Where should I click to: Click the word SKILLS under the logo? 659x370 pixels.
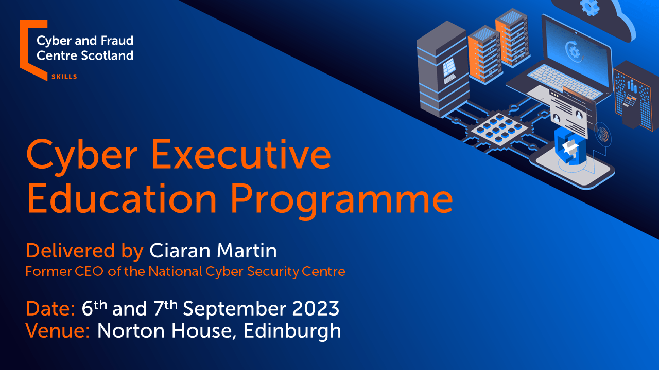64,77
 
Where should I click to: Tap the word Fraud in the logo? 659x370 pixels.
117,41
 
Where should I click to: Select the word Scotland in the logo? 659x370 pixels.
107,55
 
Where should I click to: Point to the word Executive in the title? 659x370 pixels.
241,155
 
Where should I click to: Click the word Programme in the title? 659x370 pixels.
341,199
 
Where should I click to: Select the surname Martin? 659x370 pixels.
247,251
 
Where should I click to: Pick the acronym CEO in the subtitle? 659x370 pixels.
89,271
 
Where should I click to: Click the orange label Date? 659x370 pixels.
50,309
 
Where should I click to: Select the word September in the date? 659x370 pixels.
234,310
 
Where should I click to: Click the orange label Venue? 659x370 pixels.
58,331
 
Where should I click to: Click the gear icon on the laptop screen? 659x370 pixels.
574,52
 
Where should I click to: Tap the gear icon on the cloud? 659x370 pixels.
590,7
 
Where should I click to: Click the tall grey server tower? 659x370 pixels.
441,69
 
